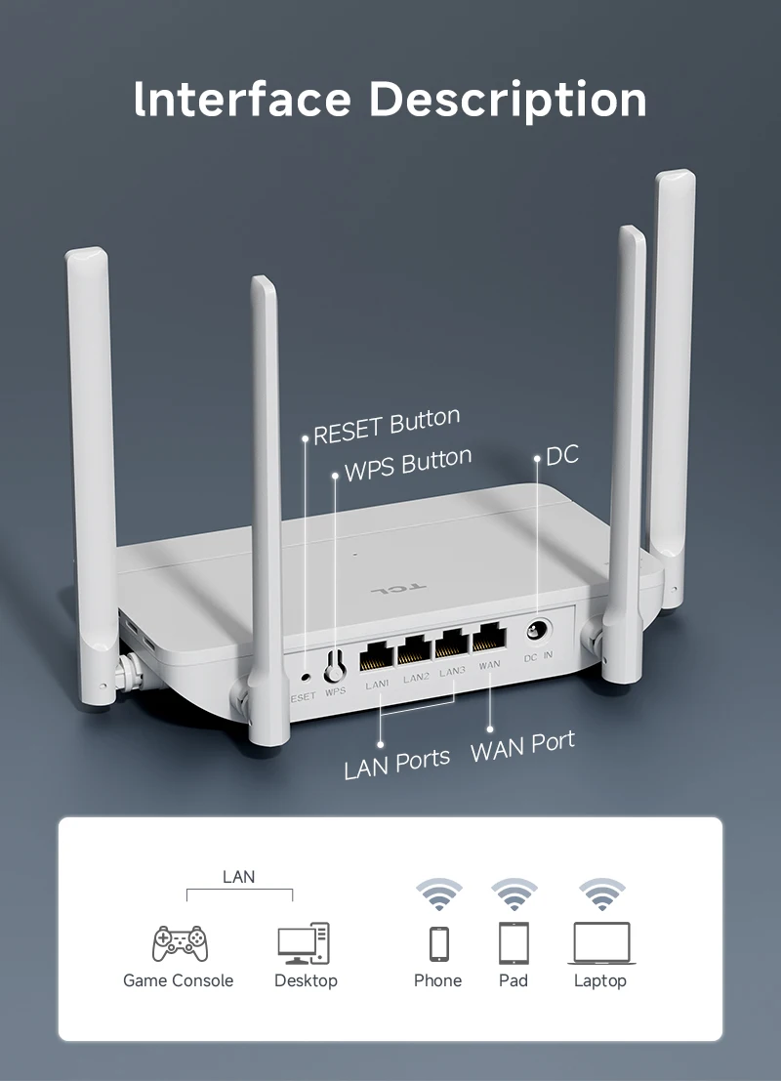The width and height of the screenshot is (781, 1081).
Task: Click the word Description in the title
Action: coord(509,101)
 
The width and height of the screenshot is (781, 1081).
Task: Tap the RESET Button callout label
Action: coord(387,427)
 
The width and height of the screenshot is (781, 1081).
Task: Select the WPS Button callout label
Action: coord(408,464)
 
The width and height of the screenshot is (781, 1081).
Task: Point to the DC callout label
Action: coord(562,454)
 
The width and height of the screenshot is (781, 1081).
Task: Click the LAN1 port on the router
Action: coord(377,653)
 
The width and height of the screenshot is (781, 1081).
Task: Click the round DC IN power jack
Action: coord(537,632)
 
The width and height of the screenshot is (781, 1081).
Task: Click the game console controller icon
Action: coord(180,942)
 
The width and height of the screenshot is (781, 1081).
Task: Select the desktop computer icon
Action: coord(304,943)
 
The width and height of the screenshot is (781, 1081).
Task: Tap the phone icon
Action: coord(439,943)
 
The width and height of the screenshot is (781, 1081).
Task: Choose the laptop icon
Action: coord(601,943)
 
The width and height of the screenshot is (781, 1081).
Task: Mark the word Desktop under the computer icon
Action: coord(306,980)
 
